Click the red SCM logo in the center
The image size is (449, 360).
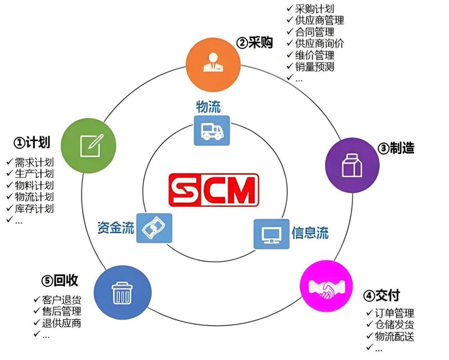(214, 190)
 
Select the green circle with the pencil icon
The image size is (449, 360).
(89, 146)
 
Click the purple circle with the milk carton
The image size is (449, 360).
(352, 165)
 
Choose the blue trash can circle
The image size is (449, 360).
(122, 293)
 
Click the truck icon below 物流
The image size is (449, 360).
(212, 130)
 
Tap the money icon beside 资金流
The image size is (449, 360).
(154, 228)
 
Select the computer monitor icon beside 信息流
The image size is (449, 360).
(272, 234)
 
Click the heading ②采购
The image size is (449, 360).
(255, 43)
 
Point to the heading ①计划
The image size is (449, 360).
(32, 142)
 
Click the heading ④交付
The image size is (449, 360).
(382, 295)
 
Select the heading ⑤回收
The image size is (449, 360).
(59, 280)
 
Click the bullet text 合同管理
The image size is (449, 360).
(315, 32)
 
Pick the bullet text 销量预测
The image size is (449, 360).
(315, 67)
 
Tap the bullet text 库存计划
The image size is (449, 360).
(34, 208)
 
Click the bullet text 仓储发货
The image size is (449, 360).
(395, 325)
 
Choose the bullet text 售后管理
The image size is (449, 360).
(62, 311)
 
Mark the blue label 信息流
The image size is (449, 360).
(310, 233)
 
